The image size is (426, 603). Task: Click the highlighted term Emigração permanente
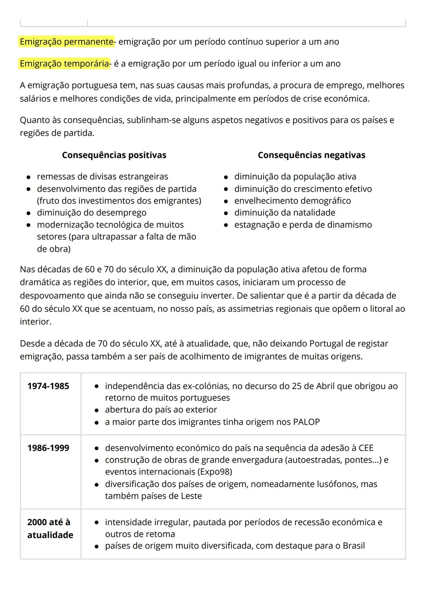(66, 41)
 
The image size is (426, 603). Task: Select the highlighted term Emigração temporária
(65, 63)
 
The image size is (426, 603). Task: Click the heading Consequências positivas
(114, 155)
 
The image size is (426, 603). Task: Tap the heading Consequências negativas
(311, 155)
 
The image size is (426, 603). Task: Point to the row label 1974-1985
(48, 386)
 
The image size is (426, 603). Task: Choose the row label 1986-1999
(48, 448)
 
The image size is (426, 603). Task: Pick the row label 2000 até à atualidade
(50, 528)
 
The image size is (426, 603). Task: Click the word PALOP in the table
(306, 422)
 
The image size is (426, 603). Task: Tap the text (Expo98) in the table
(215, 471)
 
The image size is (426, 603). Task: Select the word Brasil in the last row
(353, 546)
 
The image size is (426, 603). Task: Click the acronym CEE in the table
(366, 448)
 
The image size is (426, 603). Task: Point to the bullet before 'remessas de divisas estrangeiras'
(29, 177)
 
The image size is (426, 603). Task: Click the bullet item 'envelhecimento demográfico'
(292, 201)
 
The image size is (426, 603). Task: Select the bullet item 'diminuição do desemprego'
(92, 213)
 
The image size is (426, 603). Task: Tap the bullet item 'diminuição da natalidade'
(284, 213)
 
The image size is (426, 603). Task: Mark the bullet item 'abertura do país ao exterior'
(161, 409)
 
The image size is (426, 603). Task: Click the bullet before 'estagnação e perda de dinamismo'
(226, 225)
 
